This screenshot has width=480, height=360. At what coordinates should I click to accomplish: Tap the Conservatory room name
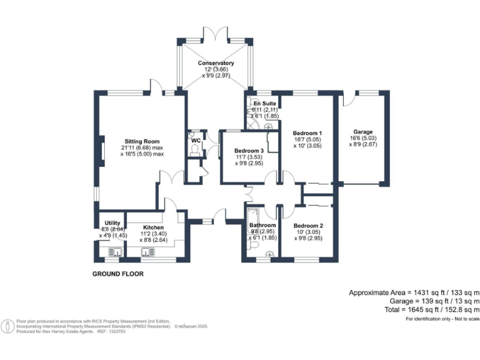(x=216, y=63)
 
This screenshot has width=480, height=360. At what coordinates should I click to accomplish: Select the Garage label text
(x=363, y=132)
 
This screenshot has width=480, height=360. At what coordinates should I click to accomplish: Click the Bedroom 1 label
(x=307, y=133)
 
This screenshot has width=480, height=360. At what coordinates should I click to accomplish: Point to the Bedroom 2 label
(x=307, y=225)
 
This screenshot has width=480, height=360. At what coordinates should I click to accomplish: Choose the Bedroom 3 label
(x=249, y=151)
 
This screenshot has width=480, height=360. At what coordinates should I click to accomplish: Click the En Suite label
(x=264, y=103)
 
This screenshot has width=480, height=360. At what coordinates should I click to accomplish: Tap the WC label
(x=196, y=141)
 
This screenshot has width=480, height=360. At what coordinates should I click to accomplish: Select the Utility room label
(x=112, y=222)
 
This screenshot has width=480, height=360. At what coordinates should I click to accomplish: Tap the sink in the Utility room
(x=115, y=252)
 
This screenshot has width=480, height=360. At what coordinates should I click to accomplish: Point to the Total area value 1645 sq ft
(x=431, y=309)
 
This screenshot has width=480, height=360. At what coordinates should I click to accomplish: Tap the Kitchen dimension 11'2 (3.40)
(x=153, y=234)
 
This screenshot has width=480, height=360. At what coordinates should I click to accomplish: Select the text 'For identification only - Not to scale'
(x=441, y=319)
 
